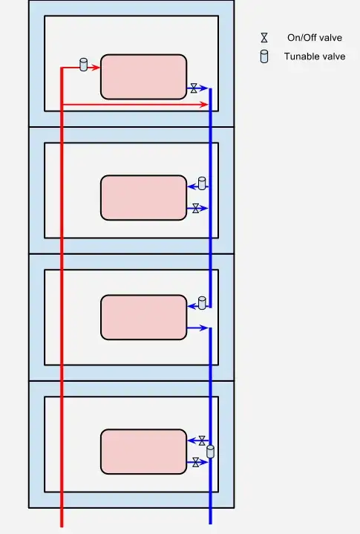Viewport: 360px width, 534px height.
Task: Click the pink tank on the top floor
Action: point(143,77)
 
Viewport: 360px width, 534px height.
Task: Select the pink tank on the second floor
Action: point(143,198)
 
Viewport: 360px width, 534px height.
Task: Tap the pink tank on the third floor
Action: point(143,317)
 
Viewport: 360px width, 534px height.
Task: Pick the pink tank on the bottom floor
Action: point(143,452)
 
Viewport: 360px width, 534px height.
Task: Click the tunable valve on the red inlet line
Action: point(83,65)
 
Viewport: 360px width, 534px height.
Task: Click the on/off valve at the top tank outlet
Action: point(194,88)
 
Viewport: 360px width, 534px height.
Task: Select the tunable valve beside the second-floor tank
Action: point(202,183)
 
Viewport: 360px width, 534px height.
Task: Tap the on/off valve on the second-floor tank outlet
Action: point(196,209)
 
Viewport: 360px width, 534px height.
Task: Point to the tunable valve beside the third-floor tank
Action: point(202,303)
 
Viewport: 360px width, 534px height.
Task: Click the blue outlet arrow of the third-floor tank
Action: point(197,328)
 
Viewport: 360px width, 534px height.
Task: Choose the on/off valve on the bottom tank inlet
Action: point(202,440)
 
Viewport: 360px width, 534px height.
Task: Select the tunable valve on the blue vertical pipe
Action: point(211,452)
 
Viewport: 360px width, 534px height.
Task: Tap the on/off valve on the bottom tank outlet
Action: point(196,463)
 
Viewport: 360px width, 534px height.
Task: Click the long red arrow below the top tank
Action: point(135,105)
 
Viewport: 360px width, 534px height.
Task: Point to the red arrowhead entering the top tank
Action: point(96,68)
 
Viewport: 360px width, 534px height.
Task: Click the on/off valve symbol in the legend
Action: point(264,37)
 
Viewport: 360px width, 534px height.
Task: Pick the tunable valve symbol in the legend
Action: point(264,56)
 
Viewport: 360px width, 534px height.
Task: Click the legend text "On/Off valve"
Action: point(315,37)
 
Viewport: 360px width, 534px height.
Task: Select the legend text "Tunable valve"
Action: point(315,56)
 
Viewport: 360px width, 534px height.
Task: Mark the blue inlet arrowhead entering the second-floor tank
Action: point(192,186)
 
